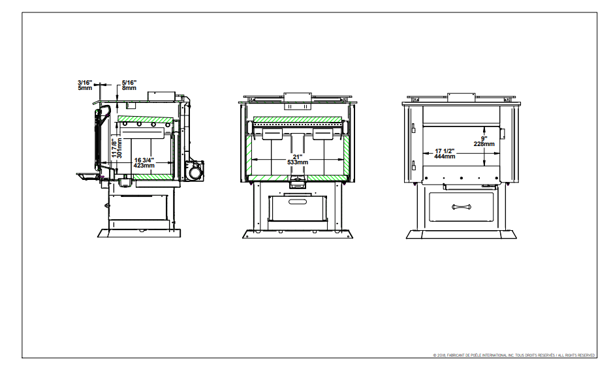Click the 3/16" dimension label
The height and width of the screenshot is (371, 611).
[85, 83]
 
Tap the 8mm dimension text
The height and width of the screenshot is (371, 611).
[129, 88]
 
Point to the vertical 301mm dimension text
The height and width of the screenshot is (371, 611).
[119, 148]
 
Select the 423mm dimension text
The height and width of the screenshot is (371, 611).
[144, 166]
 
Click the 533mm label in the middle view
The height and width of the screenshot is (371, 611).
[298, 162]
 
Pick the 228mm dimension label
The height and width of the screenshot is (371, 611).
[484, 144]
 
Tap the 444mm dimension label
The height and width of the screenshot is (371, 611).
[445, 156]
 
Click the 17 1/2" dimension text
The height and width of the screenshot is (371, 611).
[445, 151]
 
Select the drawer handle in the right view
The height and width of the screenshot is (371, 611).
[462, 207]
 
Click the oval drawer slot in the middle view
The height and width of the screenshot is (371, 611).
[298, 201]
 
